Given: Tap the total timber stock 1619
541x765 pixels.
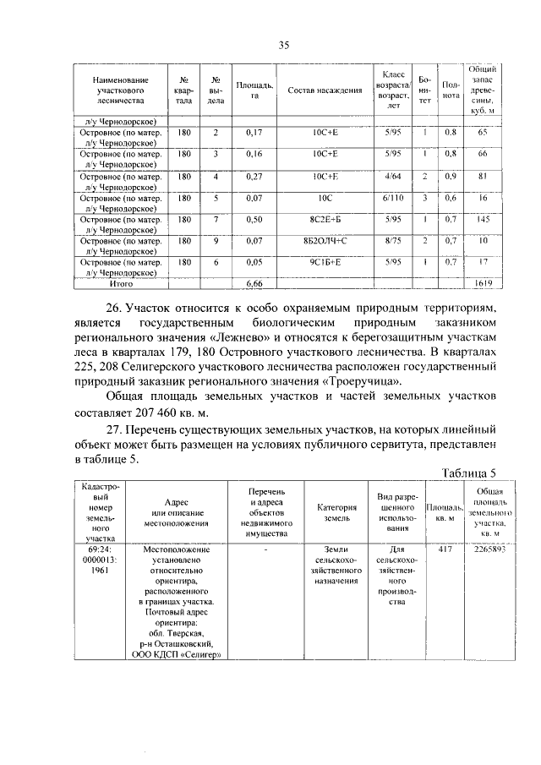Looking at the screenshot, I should (x=484, y=283).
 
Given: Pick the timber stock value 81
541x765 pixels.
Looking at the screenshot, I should (x=484, y=177).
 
